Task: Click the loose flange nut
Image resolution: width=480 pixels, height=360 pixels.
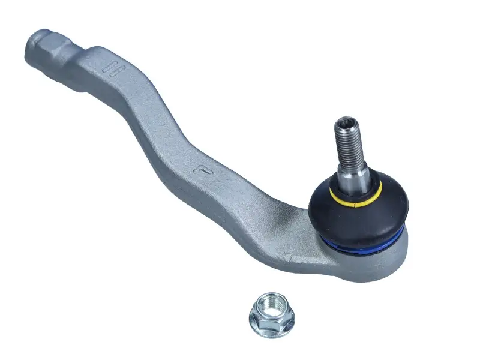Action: [271, 315]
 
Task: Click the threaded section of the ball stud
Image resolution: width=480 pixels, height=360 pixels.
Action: [347, 143]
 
